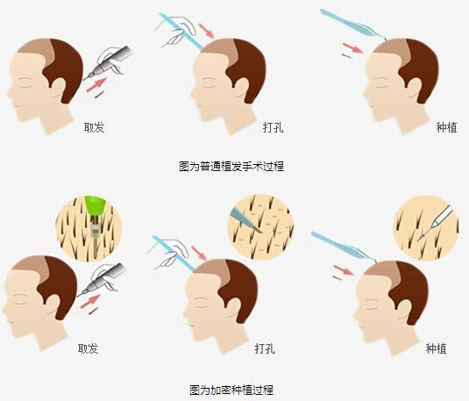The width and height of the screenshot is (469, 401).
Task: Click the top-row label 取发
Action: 94,127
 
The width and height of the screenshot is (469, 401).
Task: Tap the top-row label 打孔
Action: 274,127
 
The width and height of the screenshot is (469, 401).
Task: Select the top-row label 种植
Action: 446,127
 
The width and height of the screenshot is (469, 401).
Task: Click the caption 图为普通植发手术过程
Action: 231,166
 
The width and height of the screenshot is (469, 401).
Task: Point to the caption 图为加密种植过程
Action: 231,390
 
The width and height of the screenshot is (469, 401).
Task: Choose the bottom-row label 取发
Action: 89,348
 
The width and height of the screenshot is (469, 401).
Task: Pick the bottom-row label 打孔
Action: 265,348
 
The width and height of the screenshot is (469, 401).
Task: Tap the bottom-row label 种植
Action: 436,348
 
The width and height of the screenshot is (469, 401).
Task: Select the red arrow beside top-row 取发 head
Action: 96,85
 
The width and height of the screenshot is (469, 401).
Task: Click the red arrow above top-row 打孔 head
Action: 207,31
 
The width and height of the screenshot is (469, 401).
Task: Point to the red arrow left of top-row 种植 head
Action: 352,48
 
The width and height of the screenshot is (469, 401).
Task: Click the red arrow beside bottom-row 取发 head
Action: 90,301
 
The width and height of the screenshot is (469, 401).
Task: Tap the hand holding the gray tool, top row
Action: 110,60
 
